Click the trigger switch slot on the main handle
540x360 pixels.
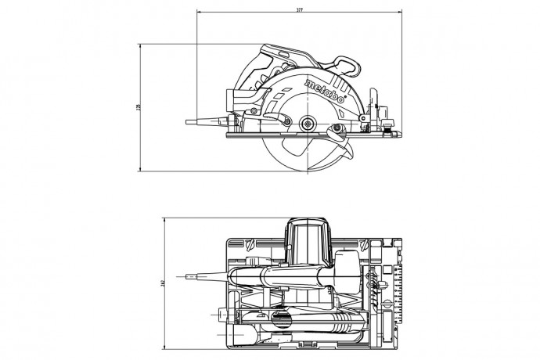[293, 56]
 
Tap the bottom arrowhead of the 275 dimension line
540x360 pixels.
[142, 170]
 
